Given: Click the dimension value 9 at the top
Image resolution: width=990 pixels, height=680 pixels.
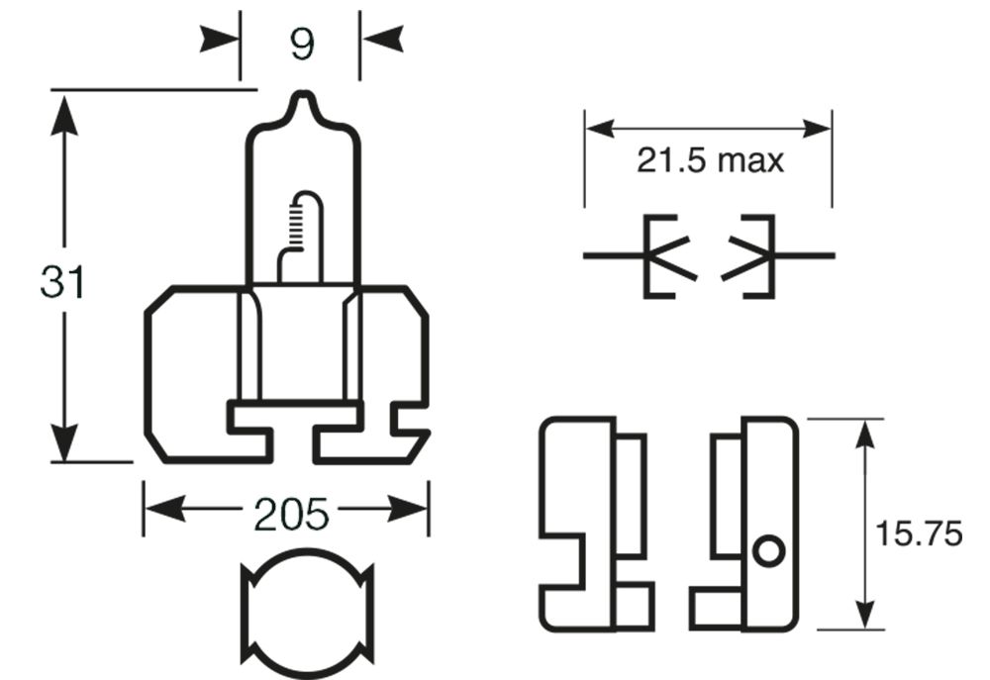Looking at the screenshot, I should (302, 44).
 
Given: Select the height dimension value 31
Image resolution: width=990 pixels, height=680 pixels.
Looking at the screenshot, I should (62, 282).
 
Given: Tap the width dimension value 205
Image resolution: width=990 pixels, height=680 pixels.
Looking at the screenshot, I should (290, 514).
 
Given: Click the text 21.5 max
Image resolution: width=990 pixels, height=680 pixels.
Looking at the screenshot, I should (710, 160).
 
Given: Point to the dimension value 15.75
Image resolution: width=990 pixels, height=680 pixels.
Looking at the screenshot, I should (919, 534).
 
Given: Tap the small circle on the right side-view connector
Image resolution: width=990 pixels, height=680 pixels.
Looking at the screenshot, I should (767, 550).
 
